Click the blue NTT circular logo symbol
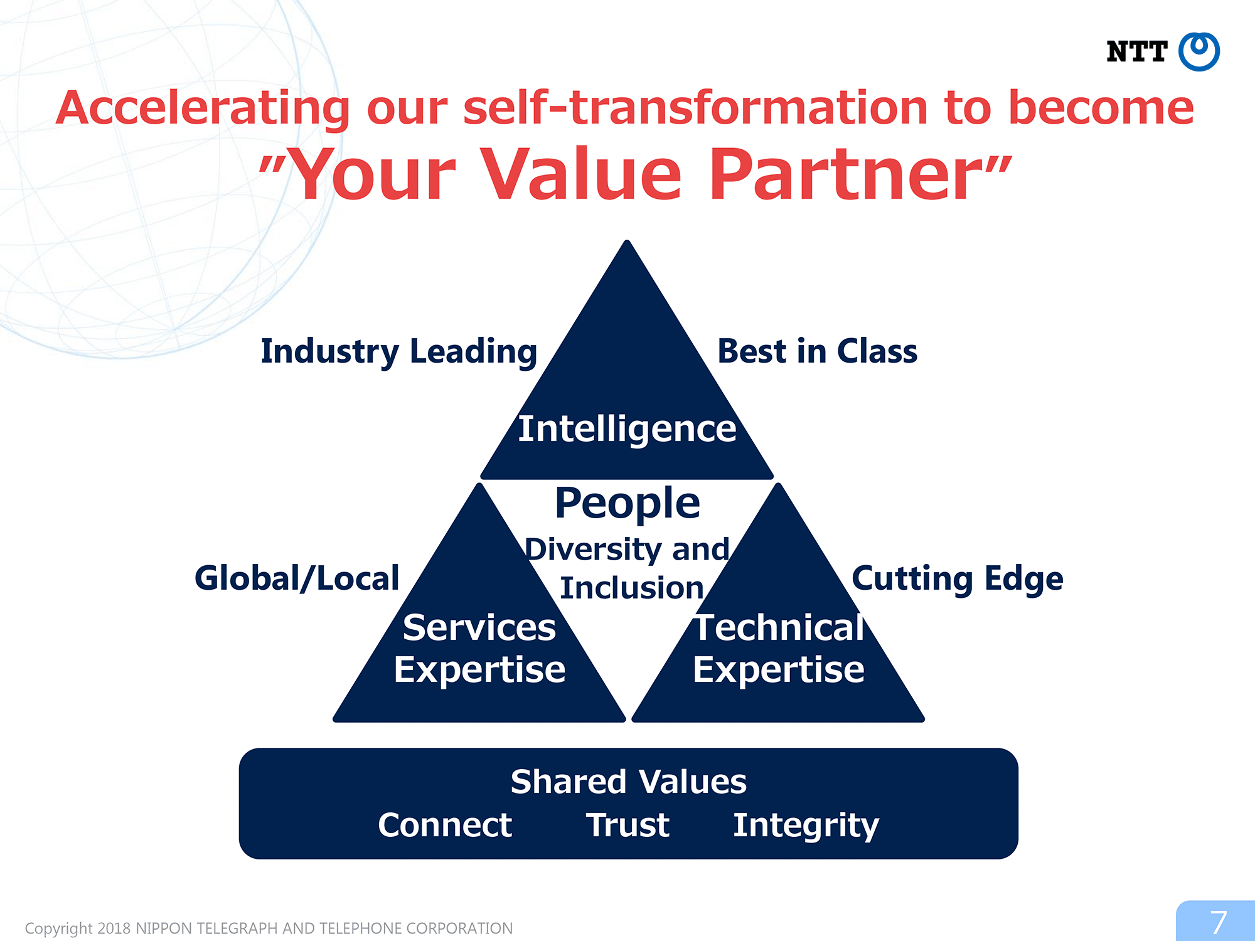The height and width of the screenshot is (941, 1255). [1199, 51]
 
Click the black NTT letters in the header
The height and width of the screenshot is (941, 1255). [1136, 51]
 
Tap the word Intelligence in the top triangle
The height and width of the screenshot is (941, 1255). [627, 430]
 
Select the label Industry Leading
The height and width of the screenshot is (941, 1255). [399, 351]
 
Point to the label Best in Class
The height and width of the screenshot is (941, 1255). [817, 351]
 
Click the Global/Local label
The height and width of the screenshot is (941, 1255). [297, 578]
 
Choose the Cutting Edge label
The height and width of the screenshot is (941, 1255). [958, 579]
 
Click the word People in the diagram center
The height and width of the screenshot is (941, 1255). [627, 504]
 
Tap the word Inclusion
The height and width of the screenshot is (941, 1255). [631, 588]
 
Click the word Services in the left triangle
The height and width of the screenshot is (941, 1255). [479, 627]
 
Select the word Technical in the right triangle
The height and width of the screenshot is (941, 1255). [779, 627]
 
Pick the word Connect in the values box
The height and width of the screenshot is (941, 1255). [445, 825]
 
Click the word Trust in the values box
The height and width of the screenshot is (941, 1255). [627, 825]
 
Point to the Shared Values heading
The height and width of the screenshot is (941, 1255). [628, 782]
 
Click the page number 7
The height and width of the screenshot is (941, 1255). [1218, 922]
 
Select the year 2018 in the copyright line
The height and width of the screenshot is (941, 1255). [114, 928]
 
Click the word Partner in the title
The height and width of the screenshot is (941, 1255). [845, 174]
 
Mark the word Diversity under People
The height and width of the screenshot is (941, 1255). [593, 550]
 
